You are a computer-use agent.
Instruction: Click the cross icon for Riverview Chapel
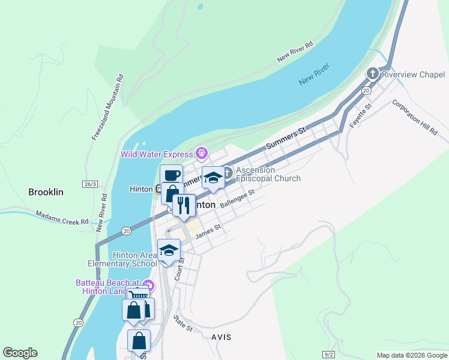coord(373,74)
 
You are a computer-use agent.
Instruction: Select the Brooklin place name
coord(46,193)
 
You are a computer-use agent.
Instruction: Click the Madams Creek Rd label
coord(62,217)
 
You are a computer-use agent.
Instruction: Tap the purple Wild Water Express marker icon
coord(201,154)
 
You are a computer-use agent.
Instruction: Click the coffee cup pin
coord(171,175)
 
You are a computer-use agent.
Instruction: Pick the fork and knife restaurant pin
coord(184,205)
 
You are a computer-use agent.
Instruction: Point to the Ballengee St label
coord(238,199)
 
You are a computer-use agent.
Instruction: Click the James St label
coord(208,230)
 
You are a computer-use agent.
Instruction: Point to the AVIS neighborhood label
coord(221,337)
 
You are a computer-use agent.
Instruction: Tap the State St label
coord(183,324)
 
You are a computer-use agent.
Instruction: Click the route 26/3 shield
coord(91,184)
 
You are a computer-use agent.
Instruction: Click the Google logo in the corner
coord(20,353)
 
